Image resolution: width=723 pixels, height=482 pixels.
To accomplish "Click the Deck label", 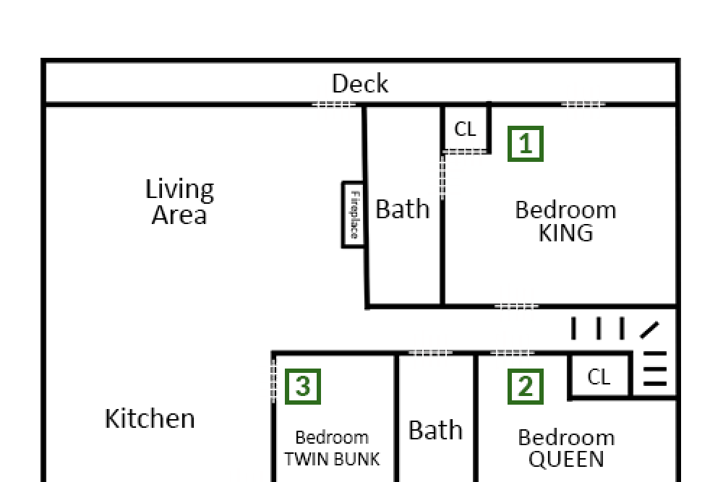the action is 359,83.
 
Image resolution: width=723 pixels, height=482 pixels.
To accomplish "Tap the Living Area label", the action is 179,202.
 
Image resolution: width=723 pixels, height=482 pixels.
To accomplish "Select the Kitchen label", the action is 150,418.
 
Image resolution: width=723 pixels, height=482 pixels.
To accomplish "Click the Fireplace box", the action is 354,215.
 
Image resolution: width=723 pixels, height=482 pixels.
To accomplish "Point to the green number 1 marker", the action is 525,144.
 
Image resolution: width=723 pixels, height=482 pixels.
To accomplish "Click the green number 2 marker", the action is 525,386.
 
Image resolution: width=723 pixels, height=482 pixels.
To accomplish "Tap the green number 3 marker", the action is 302,386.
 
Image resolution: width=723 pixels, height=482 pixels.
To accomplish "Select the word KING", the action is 566,233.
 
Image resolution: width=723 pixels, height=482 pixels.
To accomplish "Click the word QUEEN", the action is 566,459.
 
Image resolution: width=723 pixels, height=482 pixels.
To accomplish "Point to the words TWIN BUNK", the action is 332,459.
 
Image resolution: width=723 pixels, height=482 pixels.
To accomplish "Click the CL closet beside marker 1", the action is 465,129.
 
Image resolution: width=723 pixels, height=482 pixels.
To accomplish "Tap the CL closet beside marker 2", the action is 599,377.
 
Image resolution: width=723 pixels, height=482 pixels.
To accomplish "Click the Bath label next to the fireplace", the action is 403,210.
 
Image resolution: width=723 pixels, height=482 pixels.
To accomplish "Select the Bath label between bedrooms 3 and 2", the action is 435,430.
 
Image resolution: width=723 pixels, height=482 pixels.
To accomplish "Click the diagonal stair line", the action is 650,330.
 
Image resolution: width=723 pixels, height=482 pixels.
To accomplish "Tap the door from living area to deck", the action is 334,105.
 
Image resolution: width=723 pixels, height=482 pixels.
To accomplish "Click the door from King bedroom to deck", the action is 583,105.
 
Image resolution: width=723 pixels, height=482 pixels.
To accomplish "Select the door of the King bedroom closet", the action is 465,152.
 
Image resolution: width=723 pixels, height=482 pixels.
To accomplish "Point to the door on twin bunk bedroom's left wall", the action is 273,381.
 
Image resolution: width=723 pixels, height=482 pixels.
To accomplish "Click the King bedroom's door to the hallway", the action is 516,306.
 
